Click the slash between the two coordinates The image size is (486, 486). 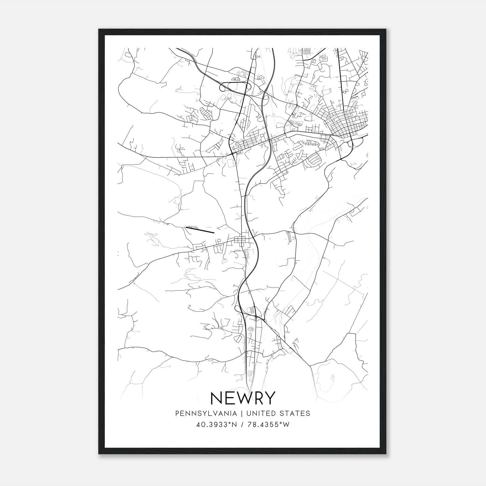(x=241, y=425)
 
